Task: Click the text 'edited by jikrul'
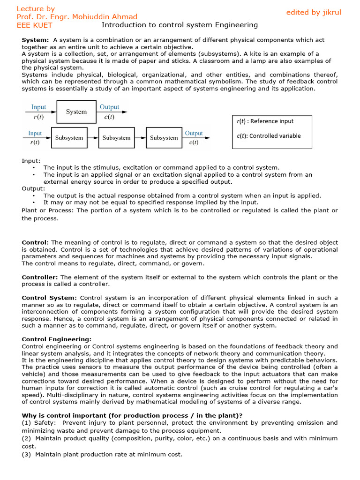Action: coord(314,13)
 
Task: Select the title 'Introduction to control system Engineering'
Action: coord(180,25)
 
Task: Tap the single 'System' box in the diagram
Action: coord(76,112)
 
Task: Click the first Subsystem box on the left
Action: coord(69,138)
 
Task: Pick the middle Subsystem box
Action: coord(116,138)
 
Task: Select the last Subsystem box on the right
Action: coord(164,138)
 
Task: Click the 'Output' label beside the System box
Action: coord(109,107)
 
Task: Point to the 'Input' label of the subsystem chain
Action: coord(35,134)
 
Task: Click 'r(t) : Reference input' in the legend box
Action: coord(265,121)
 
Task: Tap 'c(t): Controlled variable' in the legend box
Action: coord(269,136)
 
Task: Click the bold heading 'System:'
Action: coord(35,40)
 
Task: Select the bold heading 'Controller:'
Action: coord(40,277)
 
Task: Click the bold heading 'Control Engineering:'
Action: coord(57,339)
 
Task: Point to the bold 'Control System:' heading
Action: coord(49,298)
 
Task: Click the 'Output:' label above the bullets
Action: coord(33,188)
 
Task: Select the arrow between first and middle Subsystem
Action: coord(93,138)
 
